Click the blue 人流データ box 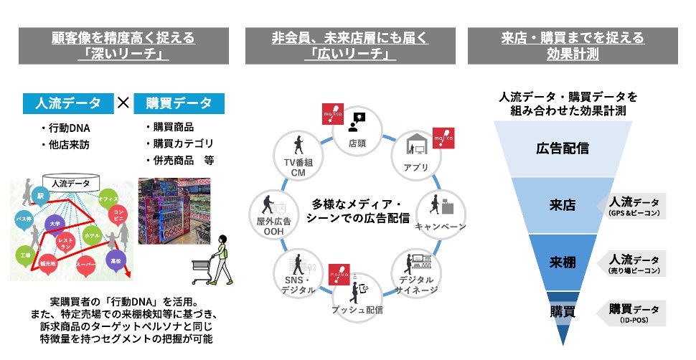click(68, 103)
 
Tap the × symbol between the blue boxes click(123, 103)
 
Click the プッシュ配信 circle click(357, 294)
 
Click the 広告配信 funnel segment click(563, 148)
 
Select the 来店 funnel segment click(563, 205)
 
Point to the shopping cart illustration click(203, 269)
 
